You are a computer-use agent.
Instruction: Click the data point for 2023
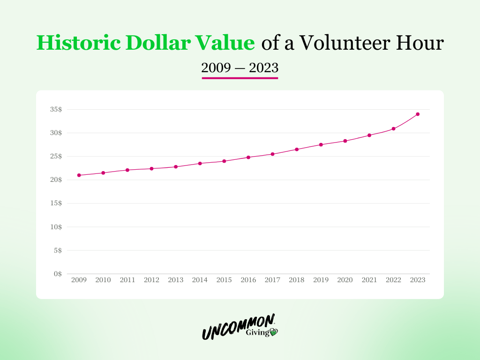418,114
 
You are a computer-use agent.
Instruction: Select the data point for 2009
79,175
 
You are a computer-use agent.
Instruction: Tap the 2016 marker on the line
248,157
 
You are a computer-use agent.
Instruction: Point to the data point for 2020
345,141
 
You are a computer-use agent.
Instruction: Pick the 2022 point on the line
393,128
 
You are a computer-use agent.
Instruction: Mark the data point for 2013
176,167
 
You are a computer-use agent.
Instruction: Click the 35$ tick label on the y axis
56,109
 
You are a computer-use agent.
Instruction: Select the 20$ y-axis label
56,180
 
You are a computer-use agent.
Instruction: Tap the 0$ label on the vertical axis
58,274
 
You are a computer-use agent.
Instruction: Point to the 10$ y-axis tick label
56,227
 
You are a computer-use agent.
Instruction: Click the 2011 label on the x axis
127,280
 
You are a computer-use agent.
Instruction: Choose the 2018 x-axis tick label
297,280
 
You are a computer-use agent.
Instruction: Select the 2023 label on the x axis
418,280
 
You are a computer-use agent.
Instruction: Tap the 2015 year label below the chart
224,280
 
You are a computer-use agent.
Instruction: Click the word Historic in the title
78,43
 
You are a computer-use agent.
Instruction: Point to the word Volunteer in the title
345,43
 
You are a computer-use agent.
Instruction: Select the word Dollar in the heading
158,43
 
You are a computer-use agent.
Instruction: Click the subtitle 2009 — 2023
240,67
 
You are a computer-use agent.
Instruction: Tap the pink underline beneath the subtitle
240,78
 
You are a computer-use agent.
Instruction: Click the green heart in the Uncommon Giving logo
273,332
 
